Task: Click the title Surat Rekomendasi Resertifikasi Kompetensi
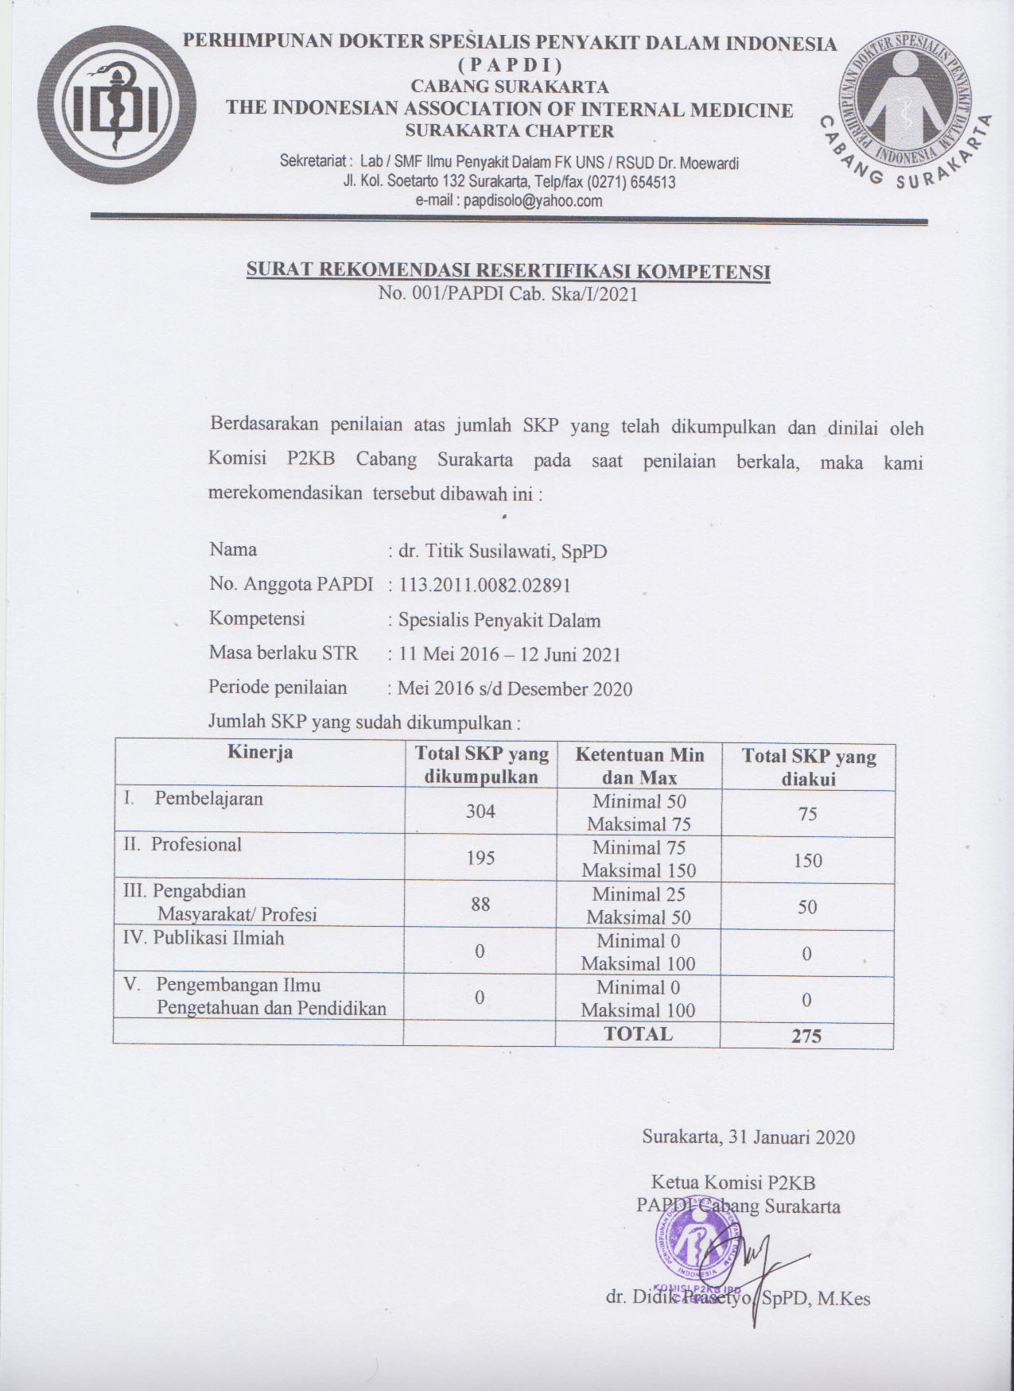[x=508, y=270]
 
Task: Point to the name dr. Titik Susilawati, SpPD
[x=503, y=550]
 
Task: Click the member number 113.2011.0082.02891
[x=485, y=585]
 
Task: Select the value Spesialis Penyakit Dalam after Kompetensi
[x=499, y=620]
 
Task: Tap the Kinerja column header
[x=260, y=752]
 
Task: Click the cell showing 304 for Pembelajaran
[x=480, y=811]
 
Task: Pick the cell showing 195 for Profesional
[x=480, y=858]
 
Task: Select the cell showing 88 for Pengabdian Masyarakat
[x=480, y=904]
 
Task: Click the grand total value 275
[x=806, y=1036]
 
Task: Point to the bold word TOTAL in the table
[x=638, y=1033]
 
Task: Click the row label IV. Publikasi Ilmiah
[x=204, y=938]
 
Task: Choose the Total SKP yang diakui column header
[x=808, y=767]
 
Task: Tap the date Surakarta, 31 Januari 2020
[x=748, y=1137]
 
